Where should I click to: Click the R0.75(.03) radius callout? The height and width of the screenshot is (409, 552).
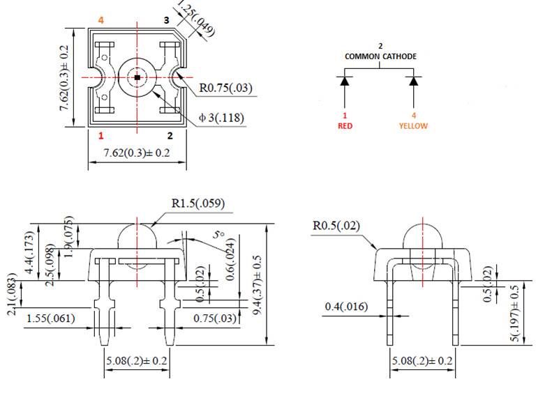coord(225,88)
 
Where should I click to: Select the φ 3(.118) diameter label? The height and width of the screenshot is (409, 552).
coord(221,118)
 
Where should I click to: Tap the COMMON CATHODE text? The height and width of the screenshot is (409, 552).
coord(380,56)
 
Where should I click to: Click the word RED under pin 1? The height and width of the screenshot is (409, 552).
coord(345,126)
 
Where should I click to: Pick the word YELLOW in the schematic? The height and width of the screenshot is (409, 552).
coord(413,126)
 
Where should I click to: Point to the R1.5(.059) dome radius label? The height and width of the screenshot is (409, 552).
coord(197,204)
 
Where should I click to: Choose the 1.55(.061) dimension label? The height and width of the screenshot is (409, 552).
coord(51,318)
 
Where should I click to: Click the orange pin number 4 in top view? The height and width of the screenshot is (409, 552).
coord(101,20)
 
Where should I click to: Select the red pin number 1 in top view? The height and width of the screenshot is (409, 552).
coord(101,135)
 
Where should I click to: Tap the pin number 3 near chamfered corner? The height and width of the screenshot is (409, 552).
coord(166,20)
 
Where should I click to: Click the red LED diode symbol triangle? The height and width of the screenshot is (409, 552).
coord(345,82)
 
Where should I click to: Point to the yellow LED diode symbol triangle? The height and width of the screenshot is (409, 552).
coord(414,82)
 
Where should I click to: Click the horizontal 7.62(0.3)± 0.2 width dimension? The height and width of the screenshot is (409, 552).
coord(137,153)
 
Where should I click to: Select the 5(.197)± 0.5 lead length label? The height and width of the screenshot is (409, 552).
coord(516,313)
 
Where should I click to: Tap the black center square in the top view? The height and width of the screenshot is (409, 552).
coord(137,77)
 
